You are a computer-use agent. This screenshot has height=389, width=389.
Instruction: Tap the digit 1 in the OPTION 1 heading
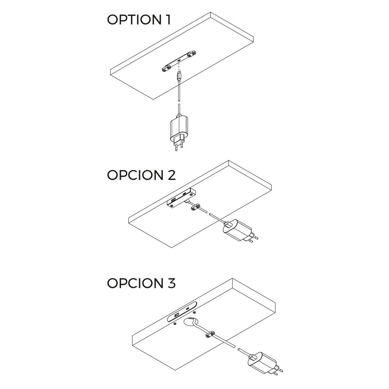(x=167, y=20)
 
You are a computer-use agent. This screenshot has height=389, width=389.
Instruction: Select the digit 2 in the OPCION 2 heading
(x=171, y=175)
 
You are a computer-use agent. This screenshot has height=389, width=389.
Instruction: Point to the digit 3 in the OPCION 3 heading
(x=171, y=283)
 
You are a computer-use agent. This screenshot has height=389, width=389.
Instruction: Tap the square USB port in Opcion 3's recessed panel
(x=177, y=315)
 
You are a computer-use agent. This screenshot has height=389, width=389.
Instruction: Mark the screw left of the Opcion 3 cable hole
(x=174, y=324)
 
